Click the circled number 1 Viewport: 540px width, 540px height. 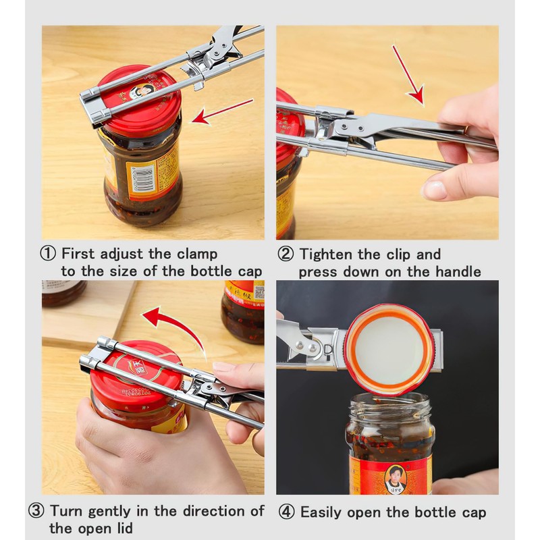(47, 254)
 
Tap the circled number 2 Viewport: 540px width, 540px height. (286, 254)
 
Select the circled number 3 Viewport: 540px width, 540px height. (36, 511)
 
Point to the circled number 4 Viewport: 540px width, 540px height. (286, 512)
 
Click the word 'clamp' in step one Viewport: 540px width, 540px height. (197, 254)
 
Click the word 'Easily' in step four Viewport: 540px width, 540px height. (322, 513)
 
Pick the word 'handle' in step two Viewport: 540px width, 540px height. (458, 272)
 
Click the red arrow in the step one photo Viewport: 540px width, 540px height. (223, 111)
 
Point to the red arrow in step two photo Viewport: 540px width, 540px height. (408, 74)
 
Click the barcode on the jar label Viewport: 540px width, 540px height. (142, 179)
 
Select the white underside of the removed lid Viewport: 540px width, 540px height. (389, 348)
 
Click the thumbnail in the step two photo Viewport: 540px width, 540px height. (435, 189)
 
